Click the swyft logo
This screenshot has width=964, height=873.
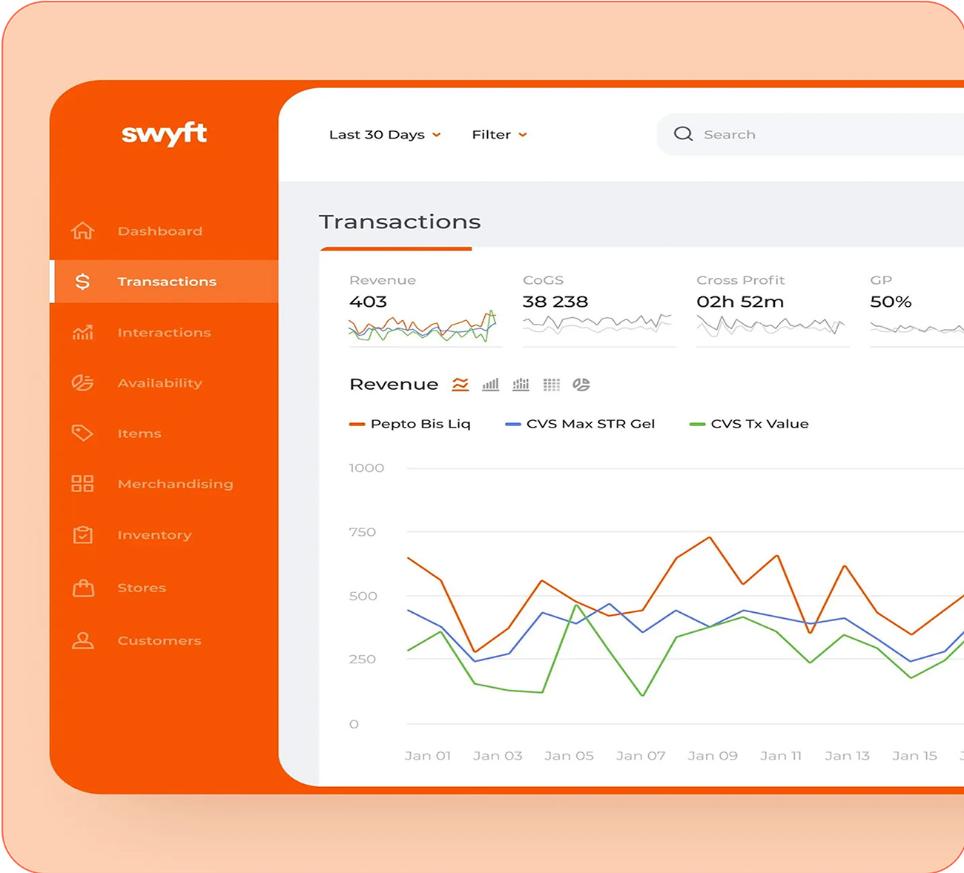click(x=164, y=133)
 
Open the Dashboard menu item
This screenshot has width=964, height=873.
click(x=159, y=231)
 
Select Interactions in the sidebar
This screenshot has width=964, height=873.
click(x=164, y=333)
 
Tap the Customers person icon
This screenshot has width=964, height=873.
click(x=82, y=641)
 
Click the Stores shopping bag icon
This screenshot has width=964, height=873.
click(x=83, y=588)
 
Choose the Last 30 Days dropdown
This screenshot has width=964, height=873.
click(x=384, y=135)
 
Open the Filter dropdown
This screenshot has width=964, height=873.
click(x=499, y=135)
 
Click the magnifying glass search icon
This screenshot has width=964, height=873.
click(x=683, y=134)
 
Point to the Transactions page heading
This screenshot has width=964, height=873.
click(x=400, y=222)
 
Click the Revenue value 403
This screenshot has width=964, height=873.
click(x=368, y=302)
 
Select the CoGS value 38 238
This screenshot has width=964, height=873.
click(x=555, y=302)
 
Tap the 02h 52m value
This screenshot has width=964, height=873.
click(x=739, y=302)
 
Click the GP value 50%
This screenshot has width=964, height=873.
click(x=890, y=302)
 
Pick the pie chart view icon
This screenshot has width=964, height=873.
click(x=581, y=385)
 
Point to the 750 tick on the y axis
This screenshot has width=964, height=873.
click(x=363, y=532)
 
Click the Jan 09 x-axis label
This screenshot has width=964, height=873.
click(x=712, y=756)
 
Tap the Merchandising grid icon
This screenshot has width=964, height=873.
click(x=82, y=484)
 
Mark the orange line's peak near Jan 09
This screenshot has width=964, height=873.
click(x=710, y=537)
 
